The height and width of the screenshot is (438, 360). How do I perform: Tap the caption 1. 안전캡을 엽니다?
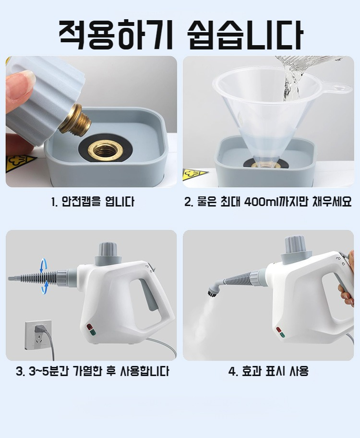tap(93, 201)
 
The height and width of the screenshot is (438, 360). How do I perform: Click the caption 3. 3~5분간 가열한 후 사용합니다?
tap(93, 371)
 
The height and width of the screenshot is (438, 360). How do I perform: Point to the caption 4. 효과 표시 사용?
tap(268, 371)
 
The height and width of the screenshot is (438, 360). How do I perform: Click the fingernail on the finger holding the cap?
tap(28, 79)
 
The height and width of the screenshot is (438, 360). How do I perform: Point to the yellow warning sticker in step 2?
tap(195, 175)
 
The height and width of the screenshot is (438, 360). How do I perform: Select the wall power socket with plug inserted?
tap(38, 334)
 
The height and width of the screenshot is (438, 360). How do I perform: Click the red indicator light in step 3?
tap(90, 326)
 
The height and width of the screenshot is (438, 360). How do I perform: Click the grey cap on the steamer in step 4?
tap(296, 251)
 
